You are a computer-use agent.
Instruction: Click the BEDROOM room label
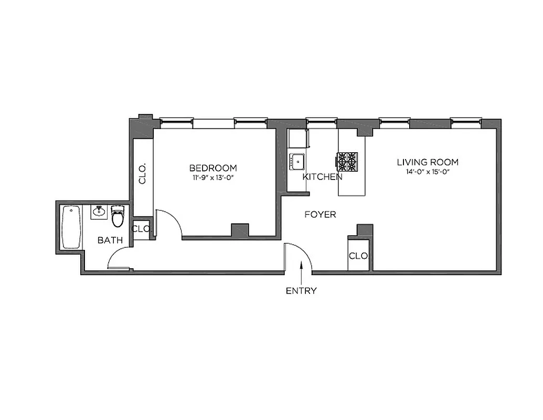click(x=212, y=168)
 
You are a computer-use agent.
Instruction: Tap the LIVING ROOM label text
click(x=428, y=162)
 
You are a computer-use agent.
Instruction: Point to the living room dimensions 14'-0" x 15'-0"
click(x=428, y=172)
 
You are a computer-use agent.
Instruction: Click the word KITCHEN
click(x=322, y=177)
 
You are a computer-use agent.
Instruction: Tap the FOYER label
click(x=320, y=215)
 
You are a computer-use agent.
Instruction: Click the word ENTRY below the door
click(x=301, y=291)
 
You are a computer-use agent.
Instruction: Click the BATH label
click(x=110, y=240)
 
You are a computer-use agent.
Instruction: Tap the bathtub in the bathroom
click(x=71, y=227)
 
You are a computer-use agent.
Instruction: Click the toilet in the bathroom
click(x=118, y=216)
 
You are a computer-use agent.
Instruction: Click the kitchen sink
click(x=298, y=161)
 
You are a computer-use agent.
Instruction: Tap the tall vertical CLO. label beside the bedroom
click(x=142, y=173)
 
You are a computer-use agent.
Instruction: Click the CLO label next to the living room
click(x=359, y=256)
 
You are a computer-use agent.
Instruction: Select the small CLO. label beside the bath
click(x=141, y=229)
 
